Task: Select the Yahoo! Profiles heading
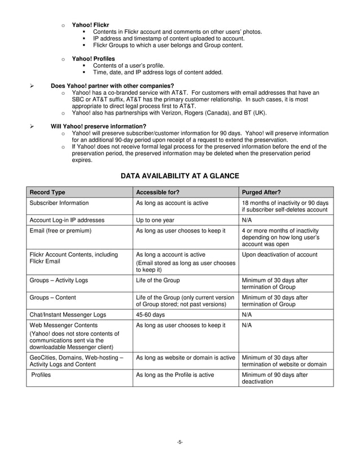point(93,59)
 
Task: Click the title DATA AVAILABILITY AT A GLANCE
point(180,176)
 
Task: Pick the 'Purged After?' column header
point(260,192)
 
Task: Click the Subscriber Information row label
point(59,203)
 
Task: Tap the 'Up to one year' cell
point(155,219)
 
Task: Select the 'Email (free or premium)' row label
point(60,230)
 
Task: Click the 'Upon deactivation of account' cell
point(279,254)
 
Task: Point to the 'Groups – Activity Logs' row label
point(58,279)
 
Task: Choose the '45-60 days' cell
point(150,314)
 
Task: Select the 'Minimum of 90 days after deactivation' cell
point(274,377)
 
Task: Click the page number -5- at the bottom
point(179,442)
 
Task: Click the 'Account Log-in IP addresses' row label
point(65,219)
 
